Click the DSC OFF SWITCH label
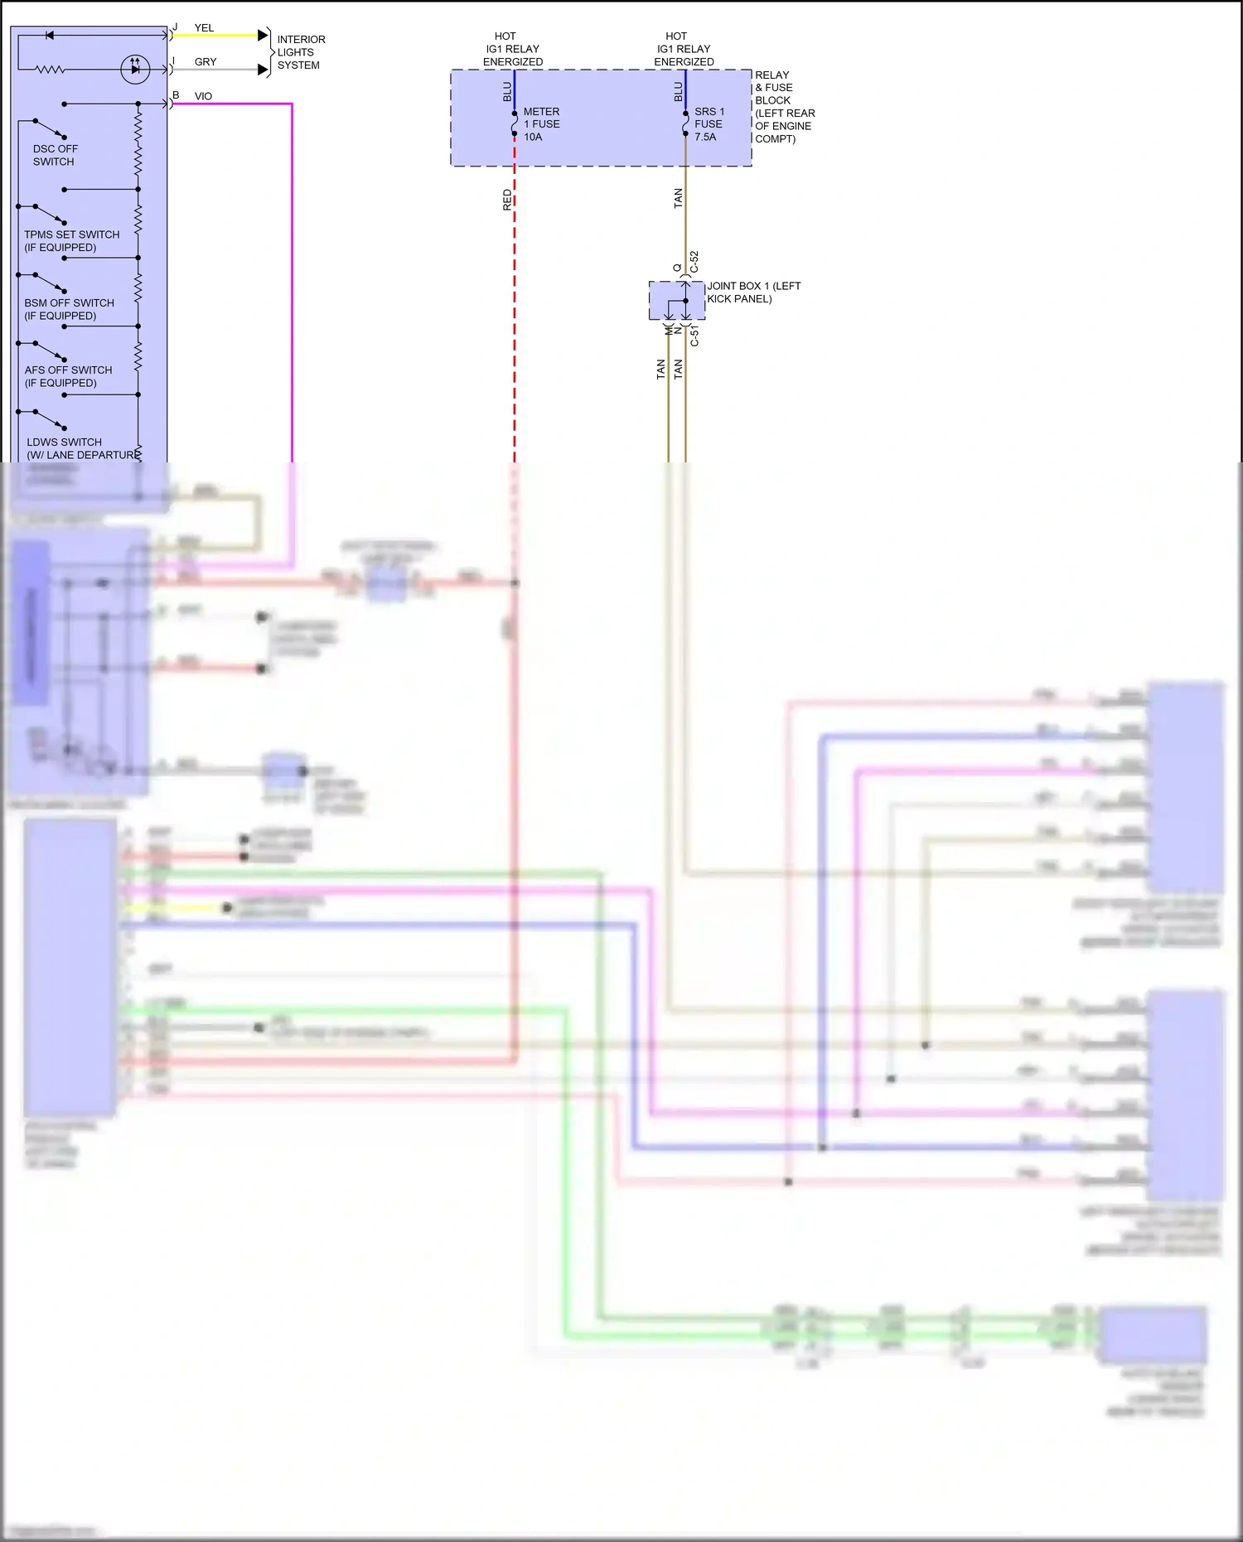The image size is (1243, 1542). [55, 155]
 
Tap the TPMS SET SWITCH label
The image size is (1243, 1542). [71, 240]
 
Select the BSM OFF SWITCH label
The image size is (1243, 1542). [69, 309]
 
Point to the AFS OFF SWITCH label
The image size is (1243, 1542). [68, 376]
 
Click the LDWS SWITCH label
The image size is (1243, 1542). [65, 442]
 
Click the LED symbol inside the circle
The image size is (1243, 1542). [135, 69]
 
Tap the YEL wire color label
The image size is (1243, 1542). [204, 28]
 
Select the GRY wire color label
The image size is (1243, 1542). [206, 62]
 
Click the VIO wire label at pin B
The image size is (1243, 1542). [203, 96]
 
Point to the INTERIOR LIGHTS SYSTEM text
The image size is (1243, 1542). [300, 52]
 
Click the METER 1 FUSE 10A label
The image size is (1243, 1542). [541, 124]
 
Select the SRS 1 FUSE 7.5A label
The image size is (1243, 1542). [709, 124]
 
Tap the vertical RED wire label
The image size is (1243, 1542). [507, 200]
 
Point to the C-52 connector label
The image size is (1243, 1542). [694, 262]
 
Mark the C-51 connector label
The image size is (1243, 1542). [694, 335]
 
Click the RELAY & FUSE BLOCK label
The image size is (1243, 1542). [783, 106]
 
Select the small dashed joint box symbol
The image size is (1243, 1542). [676, 301]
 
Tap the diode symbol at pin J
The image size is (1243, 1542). [50, 36]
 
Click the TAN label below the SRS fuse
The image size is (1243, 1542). [678, 198]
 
